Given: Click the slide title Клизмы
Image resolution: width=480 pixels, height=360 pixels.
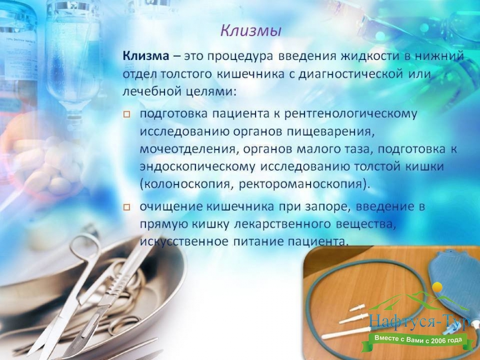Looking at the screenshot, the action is [251, 31].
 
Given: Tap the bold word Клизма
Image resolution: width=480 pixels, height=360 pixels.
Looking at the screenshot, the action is [146, 56].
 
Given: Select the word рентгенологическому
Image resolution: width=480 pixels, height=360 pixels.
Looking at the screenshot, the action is [351, 114].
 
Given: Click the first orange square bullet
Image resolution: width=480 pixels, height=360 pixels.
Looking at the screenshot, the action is [127, 115].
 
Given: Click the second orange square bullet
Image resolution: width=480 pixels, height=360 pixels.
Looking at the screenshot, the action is [127, 207].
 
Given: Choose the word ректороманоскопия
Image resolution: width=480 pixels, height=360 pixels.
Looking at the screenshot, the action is [302, 184].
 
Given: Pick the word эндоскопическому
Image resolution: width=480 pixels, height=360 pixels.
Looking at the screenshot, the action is [197, 167].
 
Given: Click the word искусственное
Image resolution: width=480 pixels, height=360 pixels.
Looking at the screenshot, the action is [184, 242].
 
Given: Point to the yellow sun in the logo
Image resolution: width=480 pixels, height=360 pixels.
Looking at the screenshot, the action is [437, 287].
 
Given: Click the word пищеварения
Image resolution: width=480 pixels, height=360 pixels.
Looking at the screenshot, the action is [331, 132].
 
